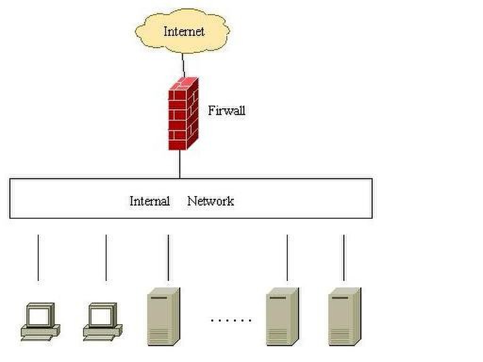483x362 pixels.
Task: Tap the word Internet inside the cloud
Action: tap(184, 32)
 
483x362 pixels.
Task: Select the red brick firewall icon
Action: tap(183, 114)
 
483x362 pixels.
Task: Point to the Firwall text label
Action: tap(226, 111)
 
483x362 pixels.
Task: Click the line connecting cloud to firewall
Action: tap(183, 64)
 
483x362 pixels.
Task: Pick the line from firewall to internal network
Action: tap(180, 164)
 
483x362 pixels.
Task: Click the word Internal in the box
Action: tap(150, 201)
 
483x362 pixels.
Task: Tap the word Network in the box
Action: tap(210, 201)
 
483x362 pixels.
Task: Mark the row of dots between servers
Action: tap(231, 321)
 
